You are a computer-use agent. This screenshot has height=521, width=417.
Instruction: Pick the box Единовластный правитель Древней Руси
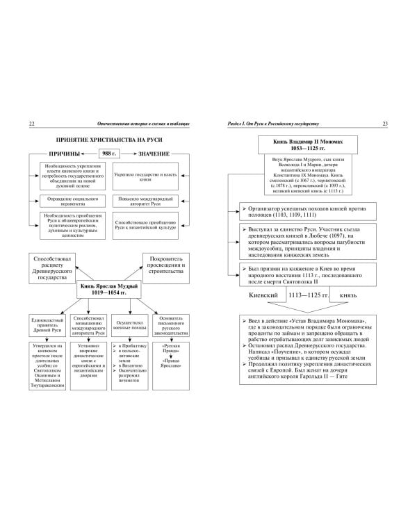pos(47,324)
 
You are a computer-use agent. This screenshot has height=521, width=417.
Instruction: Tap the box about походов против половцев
pos(310,211)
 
